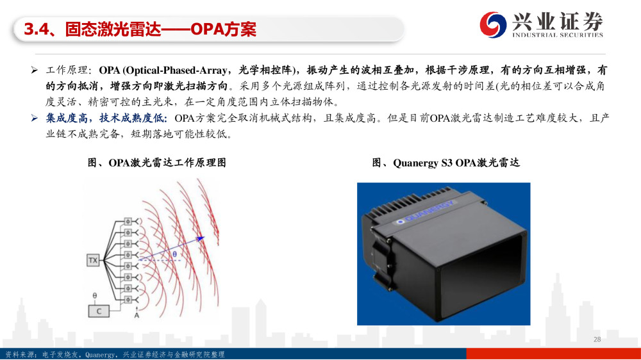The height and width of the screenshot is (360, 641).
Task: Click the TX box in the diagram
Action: (93, 260)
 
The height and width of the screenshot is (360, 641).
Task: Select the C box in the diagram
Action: (99, 311)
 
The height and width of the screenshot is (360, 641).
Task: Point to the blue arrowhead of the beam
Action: (200, 238)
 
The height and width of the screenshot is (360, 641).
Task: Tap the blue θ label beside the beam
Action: (174, 254)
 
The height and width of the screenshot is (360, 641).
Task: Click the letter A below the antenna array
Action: (137, 315)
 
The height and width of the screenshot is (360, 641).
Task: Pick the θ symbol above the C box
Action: (95, 295)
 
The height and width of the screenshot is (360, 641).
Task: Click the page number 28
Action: (597, 339)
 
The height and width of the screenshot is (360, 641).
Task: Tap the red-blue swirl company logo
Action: (492, 24)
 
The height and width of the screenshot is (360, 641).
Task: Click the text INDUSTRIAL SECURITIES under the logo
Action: (558, 35)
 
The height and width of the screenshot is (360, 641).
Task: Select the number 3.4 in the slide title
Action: (37, 29)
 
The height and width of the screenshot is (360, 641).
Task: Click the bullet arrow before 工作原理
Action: (35, 70)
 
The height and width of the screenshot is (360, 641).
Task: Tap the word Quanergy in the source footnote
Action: (100, 355)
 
